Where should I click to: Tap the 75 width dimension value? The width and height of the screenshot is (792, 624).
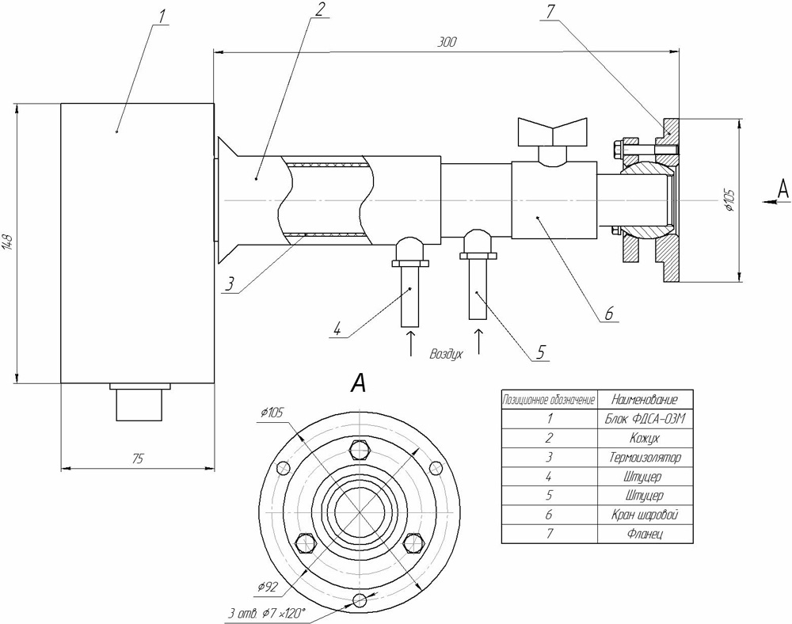138,458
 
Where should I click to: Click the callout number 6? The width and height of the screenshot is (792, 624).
608,314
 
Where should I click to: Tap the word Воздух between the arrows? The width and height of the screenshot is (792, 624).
445,355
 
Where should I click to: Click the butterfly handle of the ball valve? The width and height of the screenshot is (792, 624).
552,131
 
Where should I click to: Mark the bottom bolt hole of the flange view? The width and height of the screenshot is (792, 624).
360,599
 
